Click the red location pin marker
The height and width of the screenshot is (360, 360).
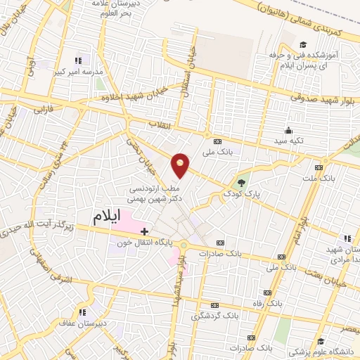point(181,165)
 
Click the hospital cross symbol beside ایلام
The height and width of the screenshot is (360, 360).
point(145,231)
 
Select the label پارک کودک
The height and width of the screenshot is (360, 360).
point(242,192)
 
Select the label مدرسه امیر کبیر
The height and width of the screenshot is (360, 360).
point(84,72)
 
